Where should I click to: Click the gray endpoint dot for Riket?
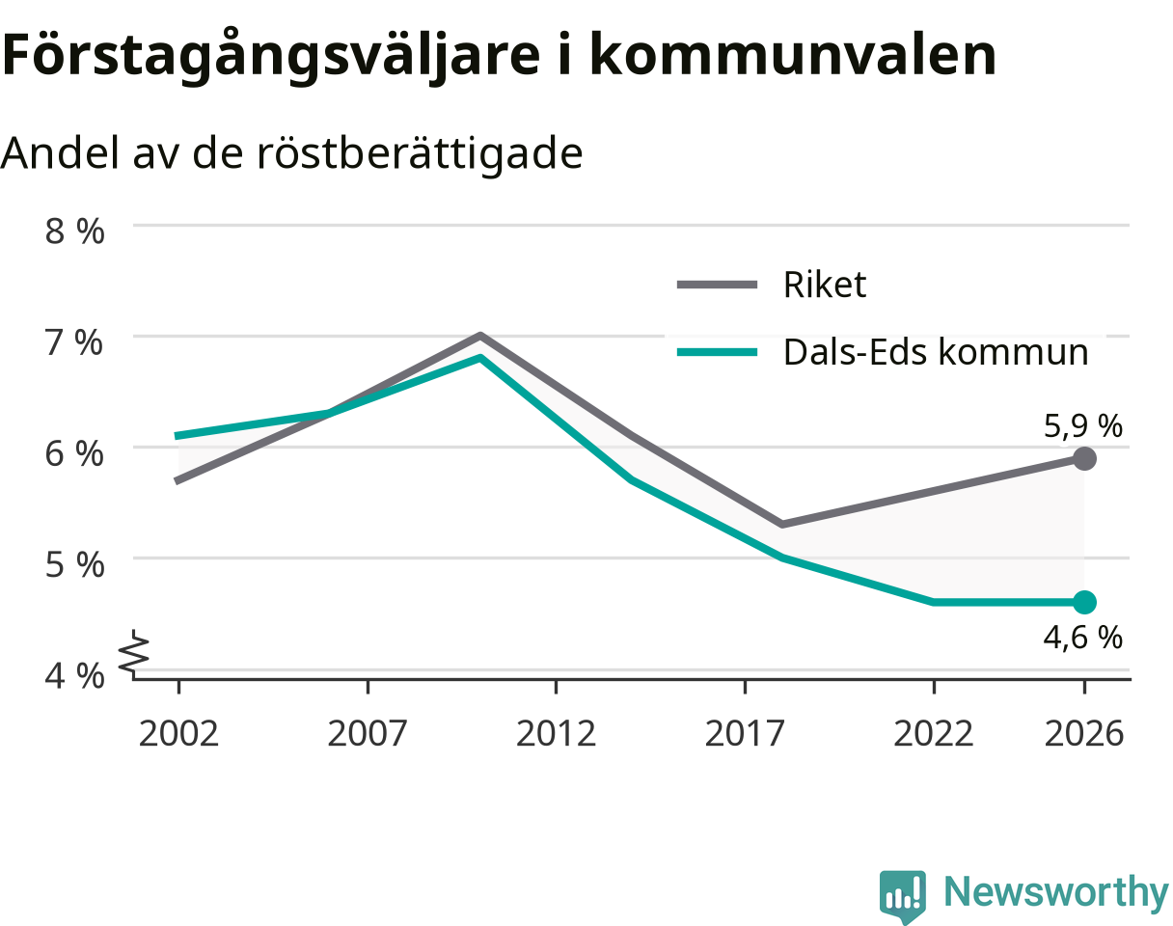point(1084,458)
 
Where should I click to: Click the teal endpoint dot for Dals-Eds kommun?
point(1084,602)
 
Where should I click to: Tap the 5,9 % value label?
point(1082,426)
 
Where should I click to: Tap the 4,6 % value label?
point(1082,638)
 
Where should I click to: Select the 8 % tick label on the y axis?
point(74,231)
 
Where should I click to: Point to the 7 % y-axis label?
point(73,343)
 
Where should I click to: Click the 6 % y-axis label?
point(74,454)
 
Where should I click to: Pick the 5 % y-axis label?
point(74,565)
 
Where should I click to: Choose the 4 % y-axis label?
point(74,676)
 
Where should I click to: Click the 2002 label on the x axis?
point(178,734)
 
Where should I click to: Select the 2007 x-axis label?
point(368,734)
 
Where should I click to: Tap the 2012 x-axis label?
point(556,734)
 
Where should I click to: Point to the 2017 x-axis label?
point(745,734)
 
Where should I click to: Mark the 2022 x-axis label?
point(934,734)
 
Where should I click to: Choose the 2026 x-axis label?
point(1084,734)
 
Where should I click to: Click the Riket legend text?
point(825,285)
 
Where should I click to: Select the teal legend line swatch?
point(718,352)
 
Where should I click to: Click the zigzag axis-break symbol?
point(134,653)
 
